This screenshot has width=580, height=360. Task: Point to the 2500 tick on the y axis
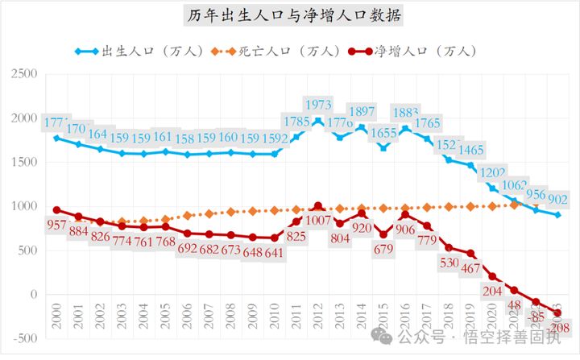click(x=27, y=74)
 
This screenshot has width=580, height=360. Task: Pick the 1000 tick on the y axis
click(x=27, y=206)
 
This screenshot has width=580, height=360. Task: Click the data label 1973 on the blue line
click(x=318, y=105)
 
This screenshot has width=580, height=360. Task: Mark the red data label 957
click(x=56, y=226)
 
